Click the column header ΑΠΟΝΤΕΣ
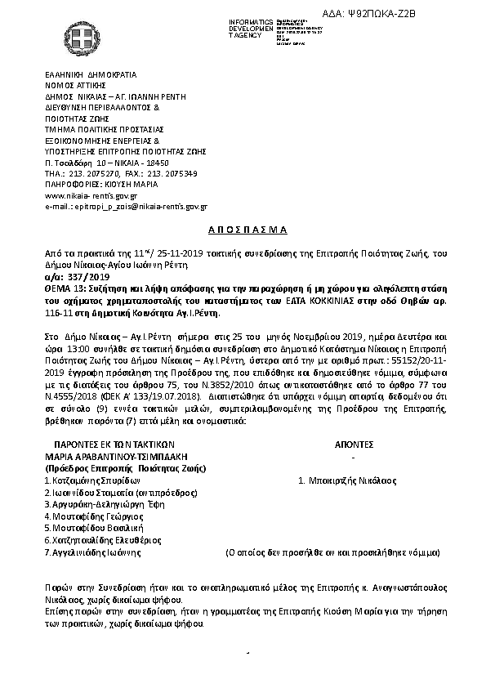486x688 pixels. (x=354, y=445)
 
